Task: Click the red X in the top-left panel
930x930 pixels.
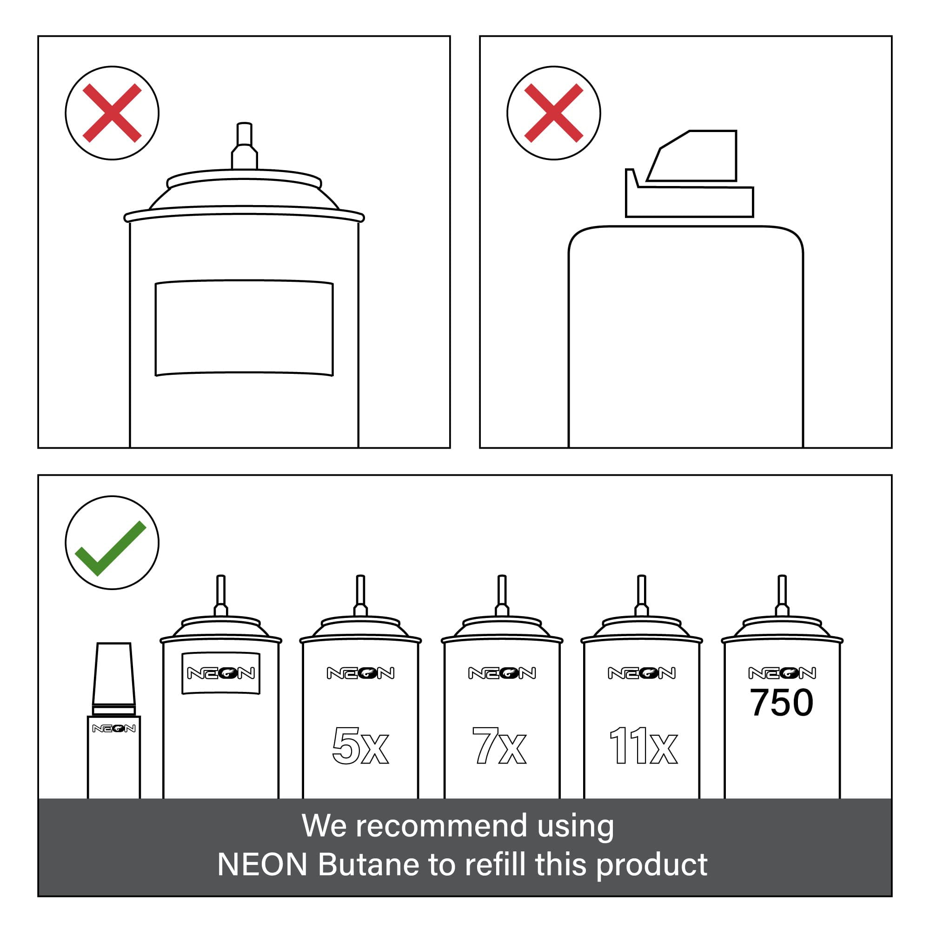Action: [112, 113]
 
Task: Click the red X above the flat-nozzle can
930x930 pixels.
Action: [553, 113]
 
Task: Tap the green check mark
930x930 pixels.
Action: [110, 548]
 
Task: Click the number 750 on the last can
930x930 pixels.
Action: [782, 703]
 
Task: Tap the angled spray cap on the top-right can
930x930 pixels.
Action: [689, 173]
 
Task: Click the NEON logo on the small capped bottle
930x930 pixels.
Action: [113, 728]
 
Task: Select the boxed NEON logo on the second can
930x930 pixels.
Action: [221, 673]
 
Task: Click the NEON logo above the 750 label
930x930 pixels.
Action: [782, 673]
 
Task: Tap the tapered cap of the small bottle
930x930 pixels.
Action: [113, 674]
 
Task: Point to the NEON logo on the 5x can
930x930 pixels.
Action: [360, 673]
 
